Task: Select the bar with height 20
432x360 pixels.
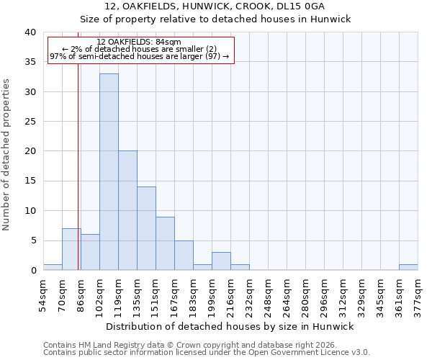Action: click(127, 210)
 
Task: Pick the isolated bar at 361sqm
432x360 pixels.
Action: click(408, 267)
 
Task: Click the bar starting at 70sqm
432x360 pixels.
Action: click(71, 249)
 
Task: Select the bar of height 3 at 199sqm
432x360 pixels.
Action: click(221, 261)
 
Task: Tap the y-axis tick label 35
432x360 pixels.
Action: click(30, 62)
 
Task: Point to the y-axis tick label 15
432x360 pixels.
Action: click(30, 181)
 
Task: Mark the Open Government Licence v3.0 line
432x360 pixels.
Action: click(207, 352)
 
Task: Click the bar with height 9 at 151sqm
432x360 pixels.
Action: click(165, 243)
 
